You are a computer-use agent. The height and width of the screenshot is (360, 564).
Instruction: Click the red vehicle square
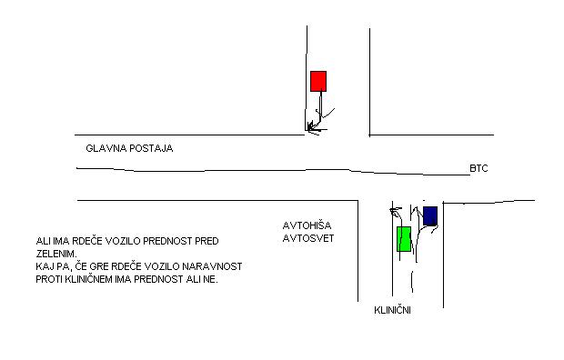tap(318, 81)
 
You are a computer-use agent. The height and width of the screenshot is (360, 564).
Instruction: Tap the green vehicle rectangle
tap(404, 239)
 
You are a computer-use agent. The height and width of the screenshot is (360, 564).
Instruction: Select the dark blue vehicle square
tap(430, 215)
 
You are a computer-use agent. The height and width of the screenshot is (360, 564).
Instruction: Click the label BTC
tap(478, 168)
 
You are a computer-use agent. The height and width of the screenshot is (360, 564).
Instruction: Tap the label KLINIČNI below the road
tap(392, 310)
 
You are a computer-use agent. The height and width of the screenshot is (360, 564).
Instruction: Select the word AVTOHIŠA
tap(307, 225)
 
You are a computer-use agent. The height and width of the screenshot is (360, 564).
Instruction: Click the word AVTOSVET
tap(308, 238)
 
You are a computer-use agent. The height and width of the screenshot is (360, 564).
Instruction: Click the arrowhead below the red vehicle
tap(312, 127)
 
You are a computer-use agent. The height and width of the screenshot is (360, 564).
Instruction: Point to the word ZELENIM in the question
tap(56, 254)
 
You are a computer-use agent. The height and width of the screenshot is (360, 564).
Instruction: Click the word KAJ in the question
tap(43, 266)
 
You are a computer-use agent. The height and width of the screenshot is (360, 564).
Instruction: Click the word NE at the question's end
tap(212, 279)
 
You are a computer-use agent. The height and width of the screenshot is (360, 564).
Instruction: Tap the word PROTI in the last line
tap(49, 279)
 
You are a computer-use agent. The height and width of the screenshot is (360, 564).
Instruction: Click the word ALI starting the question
tap(43, 241)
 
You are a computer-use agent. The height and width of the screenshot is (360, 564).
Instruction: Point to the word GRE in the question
tap(100, 266)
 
